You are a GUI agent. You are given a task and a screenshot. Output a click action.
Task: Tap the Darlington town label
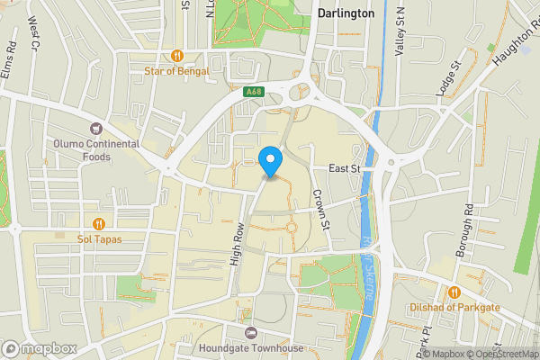(x=346, y=13)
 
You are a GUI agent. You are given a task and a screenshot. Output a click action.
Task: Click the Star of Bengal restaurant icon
(x=177, y=54)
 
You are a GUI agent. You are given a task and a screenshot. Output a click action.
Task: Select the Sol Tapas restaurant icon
(x=99, y=223)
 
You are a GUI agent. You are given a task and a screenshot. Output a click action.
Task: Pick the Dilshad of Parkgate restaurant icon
(x=455, y=291)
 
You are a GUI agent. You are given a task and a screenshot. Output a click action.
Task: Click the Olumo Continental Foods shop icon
(x=96, y=127)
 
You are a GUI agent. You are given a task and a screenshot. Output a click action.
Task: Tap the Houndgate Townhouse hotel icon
(x=238, y=331)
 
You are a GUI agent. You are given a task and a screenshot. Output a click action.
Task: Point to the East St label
(x=344, y=168)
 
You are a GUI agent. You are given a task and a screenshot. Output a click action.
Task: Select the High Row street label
(x=238, y=245)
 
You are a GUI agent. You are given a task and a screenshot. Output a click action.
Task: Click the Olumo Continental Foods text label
(x=95, y=150)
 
